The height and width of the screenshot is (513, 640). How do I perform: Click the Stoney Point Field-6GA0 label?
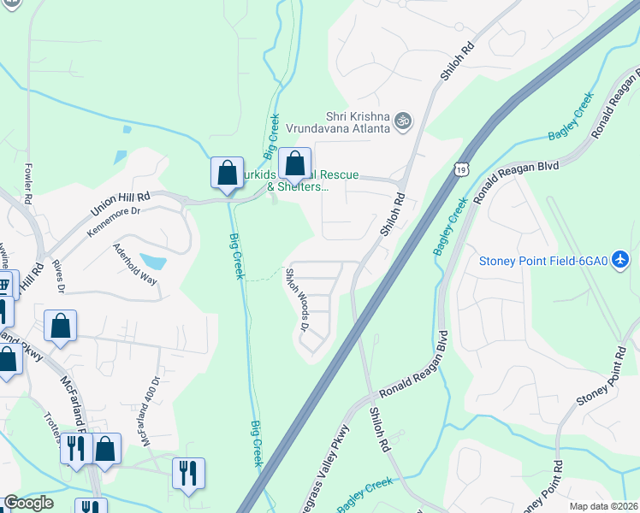[543, 261]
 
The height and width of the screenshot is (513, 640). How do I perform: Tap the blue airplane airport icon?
[621, 261]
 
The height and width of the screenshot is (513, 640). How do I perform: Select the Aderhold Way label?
[135, 264]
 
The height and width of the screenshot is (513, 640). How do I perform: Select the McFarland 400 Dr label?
[145, 412]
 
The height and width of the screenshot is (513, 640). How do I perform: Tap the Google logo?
[28, 503]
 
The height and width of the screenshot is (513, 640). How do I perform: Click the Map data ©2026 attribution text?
[603, 506]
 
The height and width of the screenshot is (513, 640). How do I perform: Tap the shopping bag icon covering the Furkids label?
[294, 164]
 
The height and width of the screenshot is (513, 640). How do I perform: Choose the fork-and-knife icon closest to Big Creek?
[188, 472]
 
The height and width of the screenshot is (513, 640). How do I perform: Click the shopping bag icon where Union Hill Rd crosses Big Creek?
[227, 173]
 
